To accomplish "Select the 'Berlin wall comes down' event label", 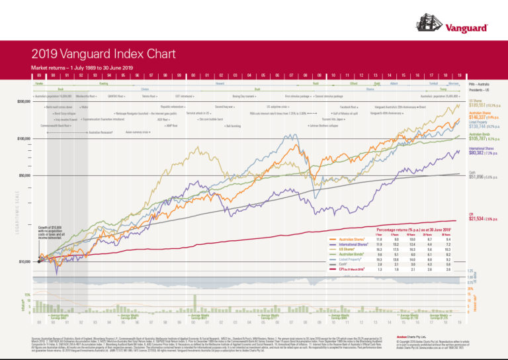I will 60,106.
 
